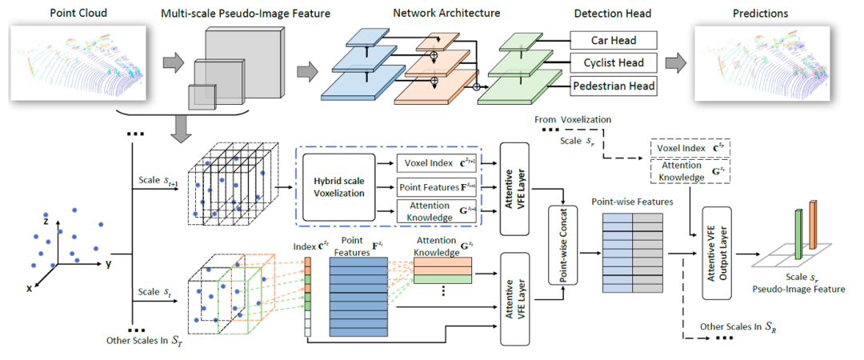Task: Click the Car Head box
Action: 613,40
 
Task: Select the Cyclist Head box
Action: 613,62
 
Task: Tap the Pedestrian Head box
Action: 613,86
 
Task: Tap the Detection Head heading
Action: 612,14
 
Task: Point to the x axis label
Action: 29,289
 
